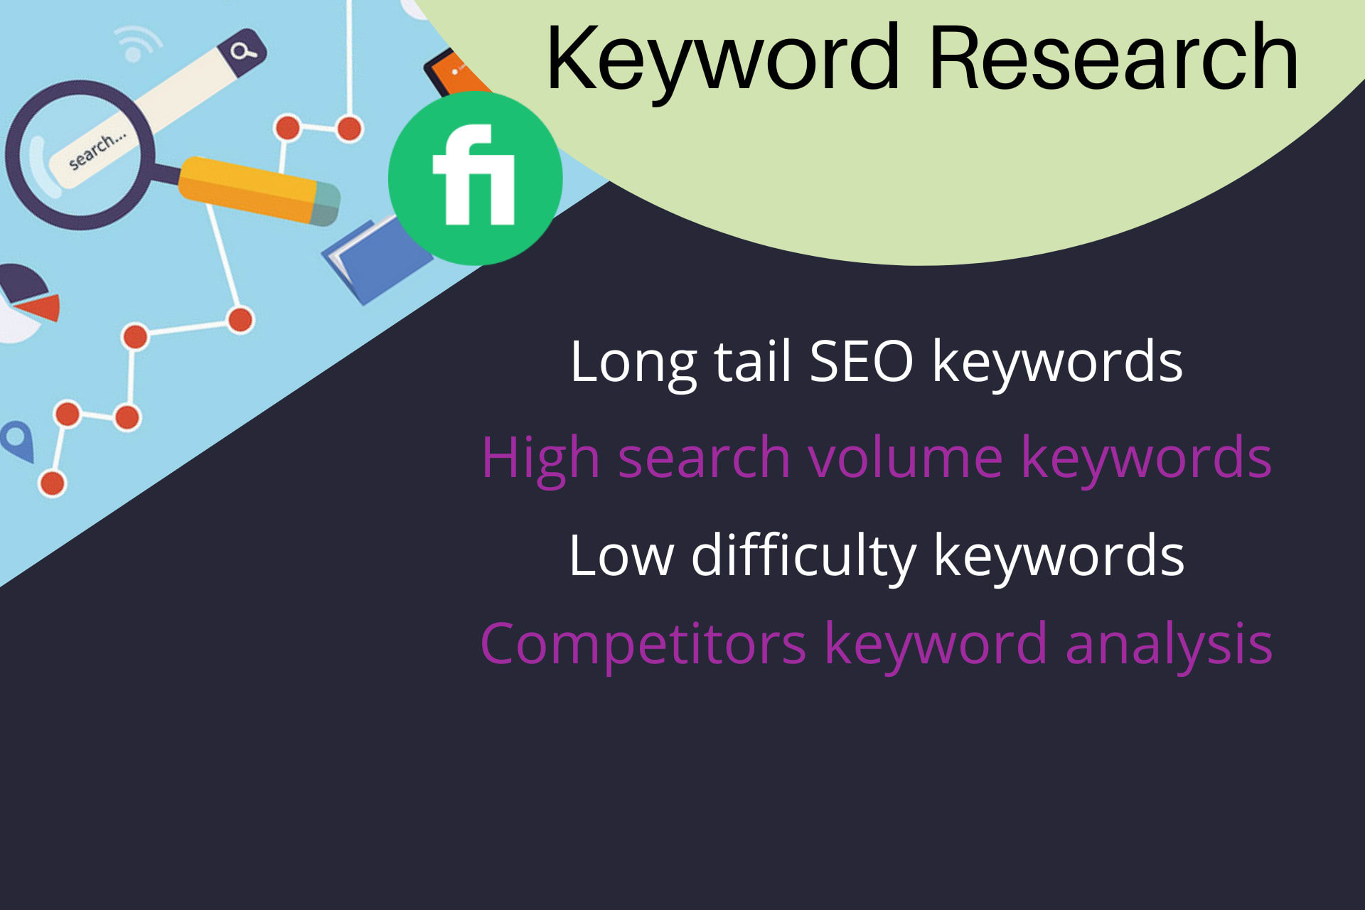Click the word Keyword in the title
coord(722,58)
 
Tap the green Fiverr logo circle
coord(475,177)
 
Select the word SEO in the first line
coord(861,362)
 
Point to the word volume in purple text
coord(905,457)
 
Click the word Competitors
coord(643,644)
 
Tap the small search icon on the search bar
coord(242,51)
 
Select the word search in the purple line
coord(704,457)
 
